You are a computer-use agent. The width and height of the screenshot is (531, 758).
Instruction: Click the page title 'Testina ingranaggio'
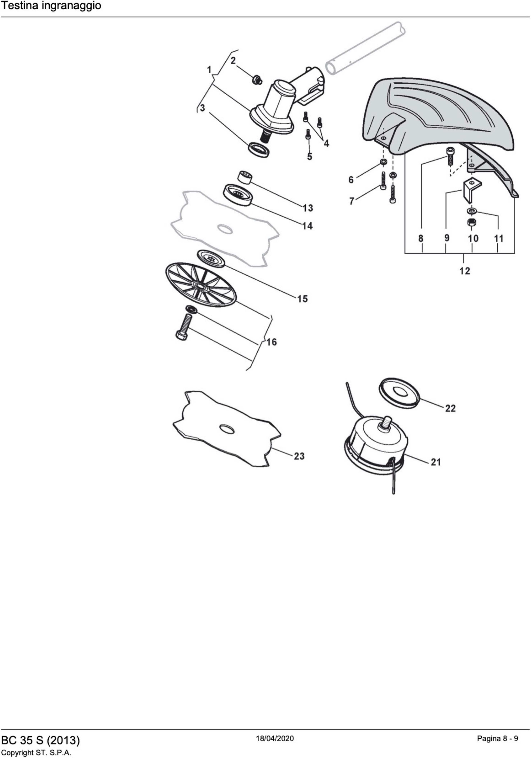click(51, 6)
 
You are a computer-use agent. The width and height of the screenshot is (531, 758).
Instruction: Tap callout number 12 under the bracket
click(464, 271)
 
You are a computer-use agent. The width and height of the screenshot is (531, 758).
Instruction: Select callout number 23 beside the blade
click(299, 456)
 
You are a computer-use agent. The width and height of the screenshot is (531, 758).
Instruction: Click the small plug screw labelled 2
click(257, 80)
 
